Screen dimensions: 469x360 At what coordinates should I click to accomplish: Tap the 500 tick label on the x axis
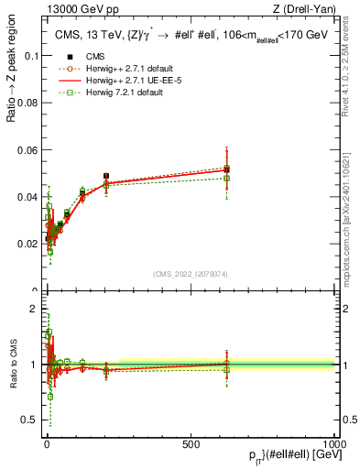coord(191,442)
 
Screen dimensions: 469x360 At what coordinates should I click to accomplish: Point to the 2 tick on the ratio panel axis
coord(34,310)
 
